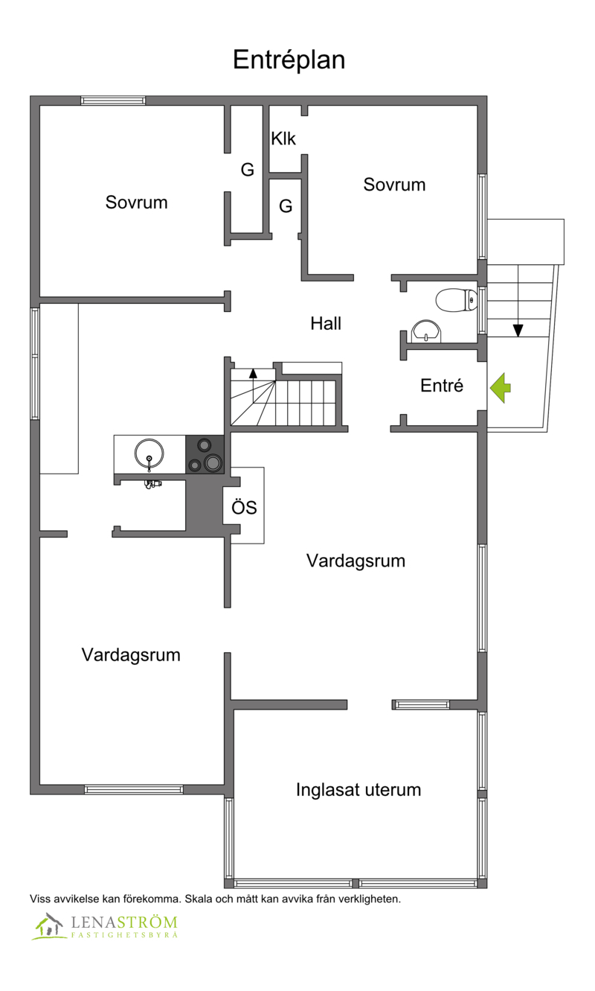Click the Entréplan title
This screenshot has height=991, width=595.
pos(289,60)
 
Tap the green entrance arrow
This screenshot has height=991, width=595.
pos(501,388)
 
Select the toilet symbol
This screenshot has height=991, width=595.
pos(457,300)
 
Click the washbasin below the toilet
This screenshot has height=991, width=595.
pos(426,332)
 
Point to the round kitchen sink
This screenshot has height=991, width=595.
pos(149,454)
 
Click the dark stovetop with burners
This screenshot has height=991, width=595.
pos(205,454)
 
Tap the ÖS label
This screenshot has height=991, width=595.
pos(244,508)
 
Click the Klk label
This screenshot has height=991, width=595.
pos(283,138)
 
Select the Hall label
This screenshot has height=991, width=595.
pos(326,323)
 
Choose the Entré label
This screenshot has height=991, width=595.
pos(442,386)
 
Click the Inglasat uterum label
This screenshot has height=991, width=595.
pos(358,790)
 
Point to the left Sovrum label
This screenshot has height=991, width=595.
pos(137,203)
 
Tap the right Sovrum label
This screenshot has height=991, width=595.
pos(394,185)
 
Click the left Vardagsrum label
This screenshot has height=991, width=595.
pos(131,655)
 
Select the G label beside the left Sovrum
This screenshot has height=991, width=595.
pos(248,170)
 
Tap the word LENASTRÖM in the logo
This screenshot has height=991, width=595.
pos(124,923)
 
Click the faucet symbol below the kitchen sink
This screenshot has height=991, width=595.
pos(152,484)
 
